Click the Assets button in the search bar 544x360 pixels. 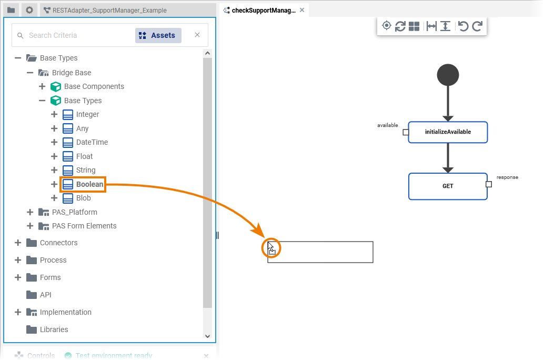coord(158,35)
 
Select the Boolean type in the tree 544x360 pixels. coord(89,184)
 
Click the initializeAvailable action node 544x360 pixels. coord(448,132)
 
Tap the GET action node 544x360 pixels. coord(448,186)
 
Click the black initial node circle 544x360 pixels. coord(448,75)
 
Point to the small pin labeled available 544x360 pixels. coord(406,132)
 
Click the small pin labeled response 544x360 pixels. coord(489,184)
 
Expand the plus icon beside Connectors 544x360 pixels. coord(18,243)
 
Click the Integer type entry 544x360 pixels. coord(87,114)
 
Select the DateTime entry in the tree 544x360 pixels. coord(92,142)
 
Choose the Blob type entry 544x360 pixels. coord(83,198)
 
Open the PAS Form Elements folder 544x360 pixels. coord(84,226)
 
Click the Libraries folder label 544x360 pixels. coord(54,329)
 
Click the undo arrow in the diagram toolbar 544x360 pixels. coord(463,26)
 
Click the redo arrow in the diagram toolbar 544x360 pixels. coord(477,26)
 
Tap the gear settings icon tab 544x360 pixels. coord(29,10)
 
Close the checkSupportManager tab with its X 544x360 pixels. coord(302,10)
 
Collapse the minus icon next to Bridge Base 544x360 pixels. coord(30,73)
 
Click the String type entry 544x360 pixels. coord(85,170)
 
